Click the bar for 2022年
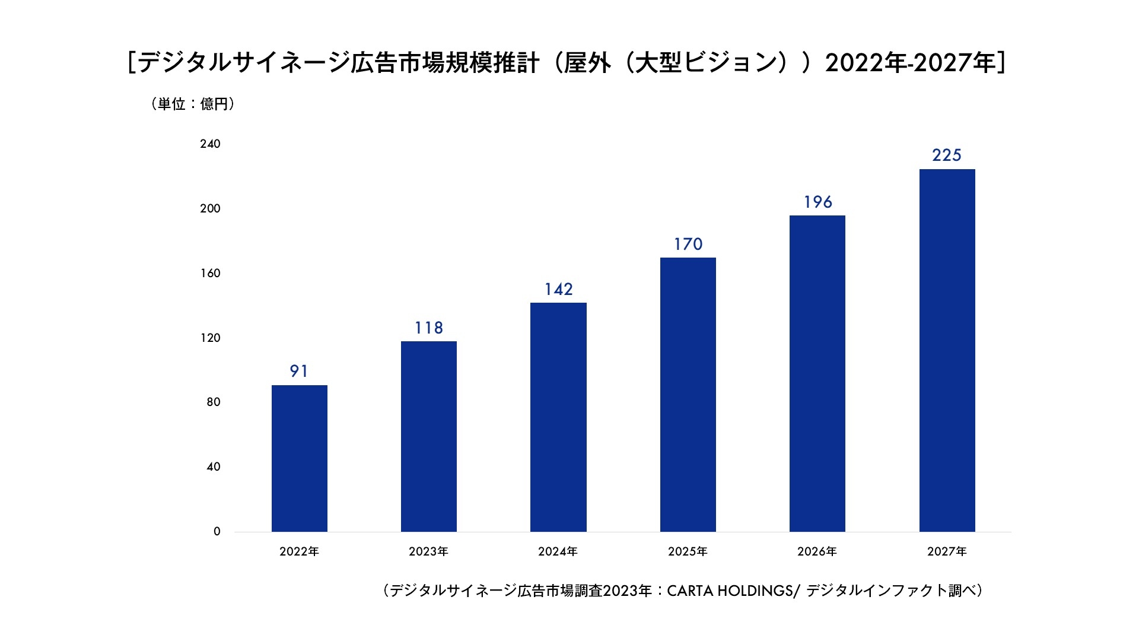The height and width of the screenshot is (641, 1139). [300, 458]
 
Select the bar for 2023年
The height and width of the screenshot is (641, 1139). [429, 436]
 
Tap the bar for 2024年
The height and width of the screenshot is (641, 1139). [558, 417]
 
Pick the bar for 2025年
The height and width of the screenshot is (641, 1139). [688, 394]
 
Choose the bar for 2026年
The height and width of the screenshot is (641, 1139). [817, 373]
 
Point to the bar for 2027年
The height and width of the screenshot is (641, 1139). [947, 350]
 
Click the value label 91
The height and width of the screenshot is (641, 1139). [299, 372]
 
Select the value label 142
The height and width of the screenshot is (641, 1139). [559, 290]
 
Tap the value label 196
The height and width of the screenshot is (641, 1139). [818, 202]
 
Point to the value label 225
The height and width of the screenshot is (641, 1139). [947, 156]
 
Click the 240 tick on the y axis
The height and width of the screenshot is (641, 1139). [210, 144]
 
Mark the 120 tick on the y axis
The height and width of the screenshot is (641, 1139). [210, 338]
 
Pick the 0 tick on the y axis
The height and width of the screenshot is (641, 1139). [217, 532]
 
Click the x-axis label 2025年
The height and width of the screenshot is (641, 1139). [688, 552]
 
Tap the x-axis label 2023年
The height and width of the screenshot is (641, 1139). [428, 552]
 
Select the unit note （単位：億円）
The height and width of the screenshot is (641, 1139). [193, 104]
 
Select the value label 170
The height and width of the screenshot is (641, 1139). [688, 245]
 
